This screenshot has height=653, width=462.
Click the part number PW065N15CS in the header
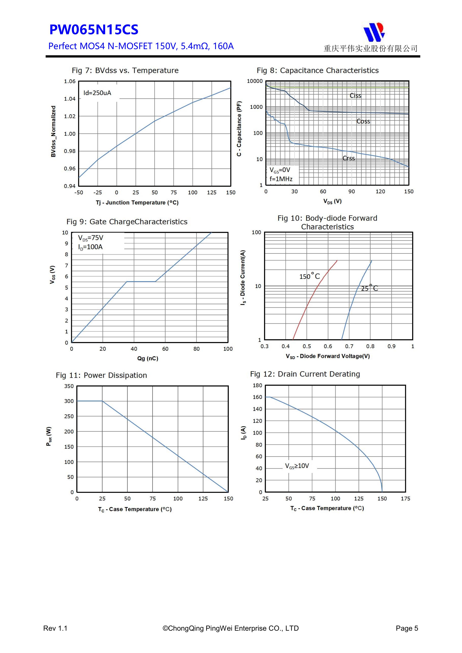coord(94,30)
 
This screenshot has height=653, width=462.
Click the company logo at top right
coord(374,32)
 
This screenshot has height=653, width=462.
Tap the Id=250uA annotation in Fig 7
coord(97,93)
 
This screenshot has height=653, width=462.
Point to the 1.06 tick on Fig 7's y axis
coord(70,82)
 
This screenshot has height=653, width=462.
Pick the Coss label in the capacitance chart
coord(363,121)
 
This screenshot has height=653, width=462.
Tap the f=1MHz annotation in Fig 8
coord(281,179)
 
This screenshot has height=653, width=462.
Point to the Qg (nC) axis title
coord(148,358)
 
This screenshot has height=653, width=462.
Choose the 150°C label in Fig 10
coord(309,276)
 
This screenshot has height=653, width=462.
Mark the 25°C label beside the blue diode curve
coord(369,288)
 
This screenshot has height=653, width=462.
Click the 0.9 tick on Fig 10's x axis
coord(391,346)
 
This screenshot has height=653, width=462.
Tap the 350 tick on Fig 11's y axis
coord(69,386)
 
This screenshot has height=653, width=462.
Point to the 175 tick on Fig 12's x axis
coord(405,498)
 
